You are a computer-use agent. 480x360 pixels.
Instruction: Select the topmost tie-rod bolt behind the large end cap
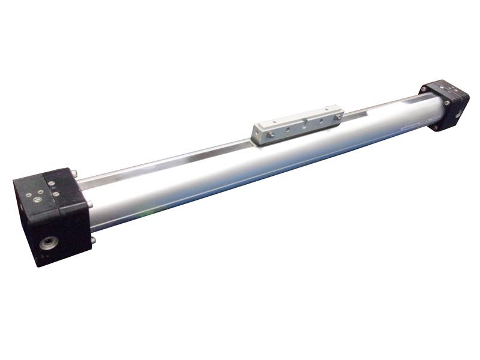click(x=76, y=175)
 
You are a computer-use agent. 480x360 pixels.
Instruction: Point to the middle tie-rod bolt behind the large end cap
click(x=90, y=206)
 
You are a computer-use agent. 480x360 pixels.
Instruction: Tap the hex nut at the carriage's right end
click(x=337, y=111)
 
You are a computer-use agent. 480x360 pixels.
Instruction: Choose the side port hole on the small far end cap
click(x=460, y=111)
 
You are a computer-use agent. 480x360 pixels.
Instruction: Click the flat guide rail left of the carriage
click(x=168, y=161)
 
